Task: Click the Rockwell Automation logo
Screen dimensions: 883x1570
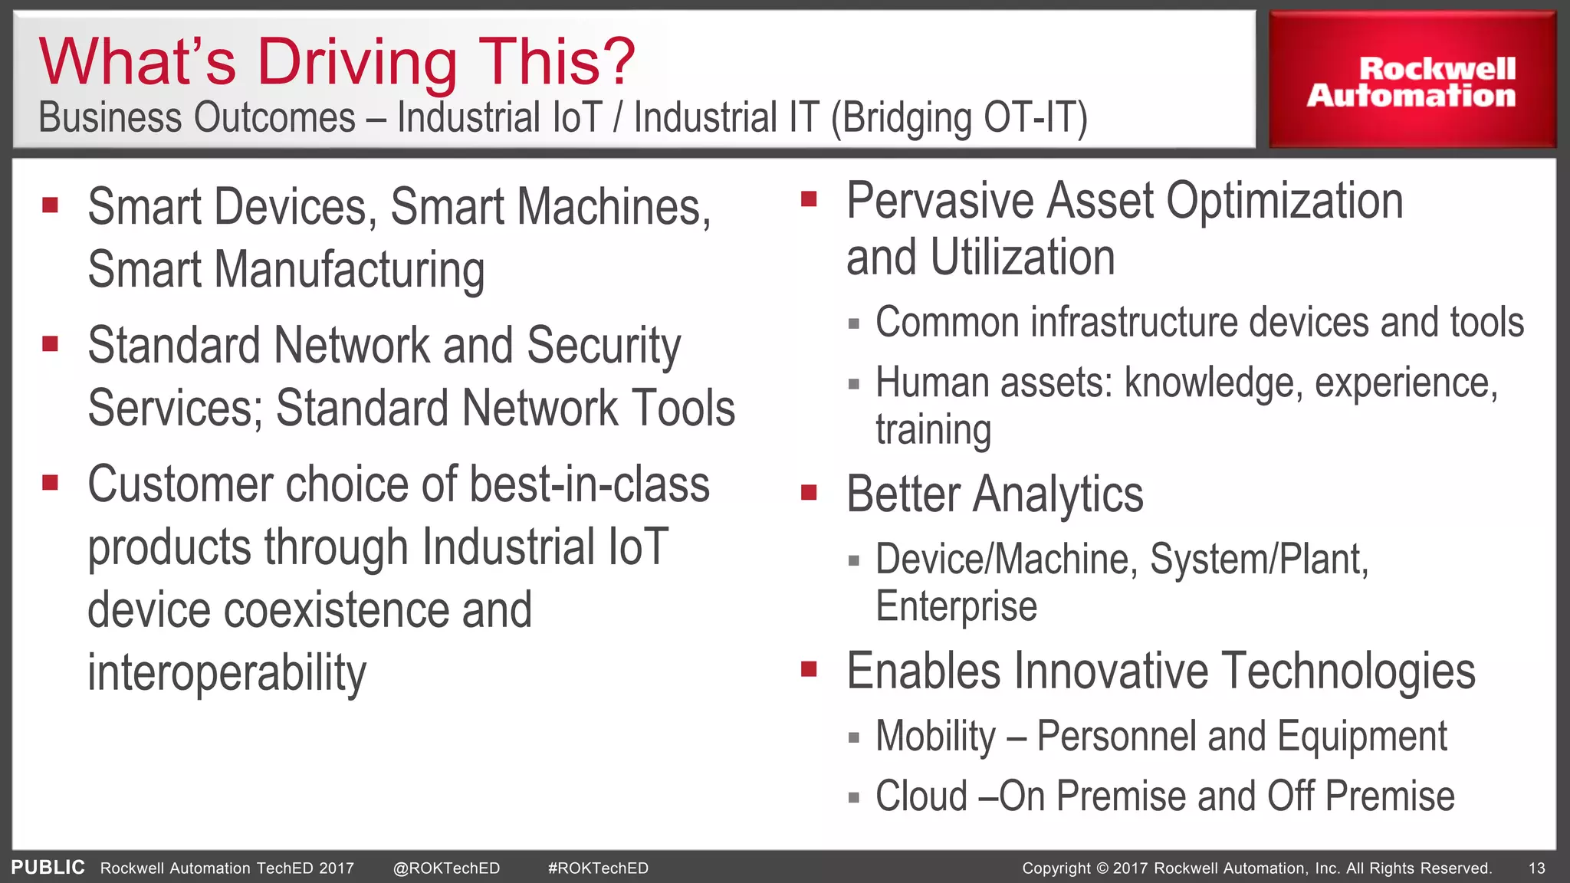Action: (x=1411, y=81)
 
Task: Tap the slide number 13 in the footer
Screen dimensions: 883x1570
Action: (x=1536, y=868)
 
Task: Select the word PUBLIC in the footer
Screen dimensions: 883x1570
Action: (x=48, y=867)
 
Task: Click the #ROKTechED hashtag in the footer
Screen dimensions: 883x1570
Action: (x=598, y=868)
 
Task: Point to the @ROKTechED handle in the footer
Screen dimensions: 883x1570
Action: (x=446, y=868)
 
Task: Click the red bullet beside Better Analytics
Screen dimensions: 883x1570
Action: (x=809, y=492)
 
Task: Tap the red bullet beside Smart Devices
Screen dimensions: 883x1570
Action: (x=51, y=205)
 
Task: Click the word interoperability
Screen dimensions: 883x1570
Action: (x=227, y=672)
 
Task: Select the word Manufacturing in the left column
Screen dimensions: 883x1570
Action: (x=350, y=270)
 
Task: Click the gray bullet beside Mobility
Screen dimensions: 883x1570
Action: (x=853, y=738)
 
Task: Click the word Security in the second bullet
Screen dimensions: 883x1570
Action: (x=603, y=346)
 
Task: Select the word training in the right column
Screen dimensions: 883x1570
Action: (x=933, y=430)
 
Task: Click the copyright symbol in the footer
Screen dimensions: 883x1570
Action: (x=1102, y=868)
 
